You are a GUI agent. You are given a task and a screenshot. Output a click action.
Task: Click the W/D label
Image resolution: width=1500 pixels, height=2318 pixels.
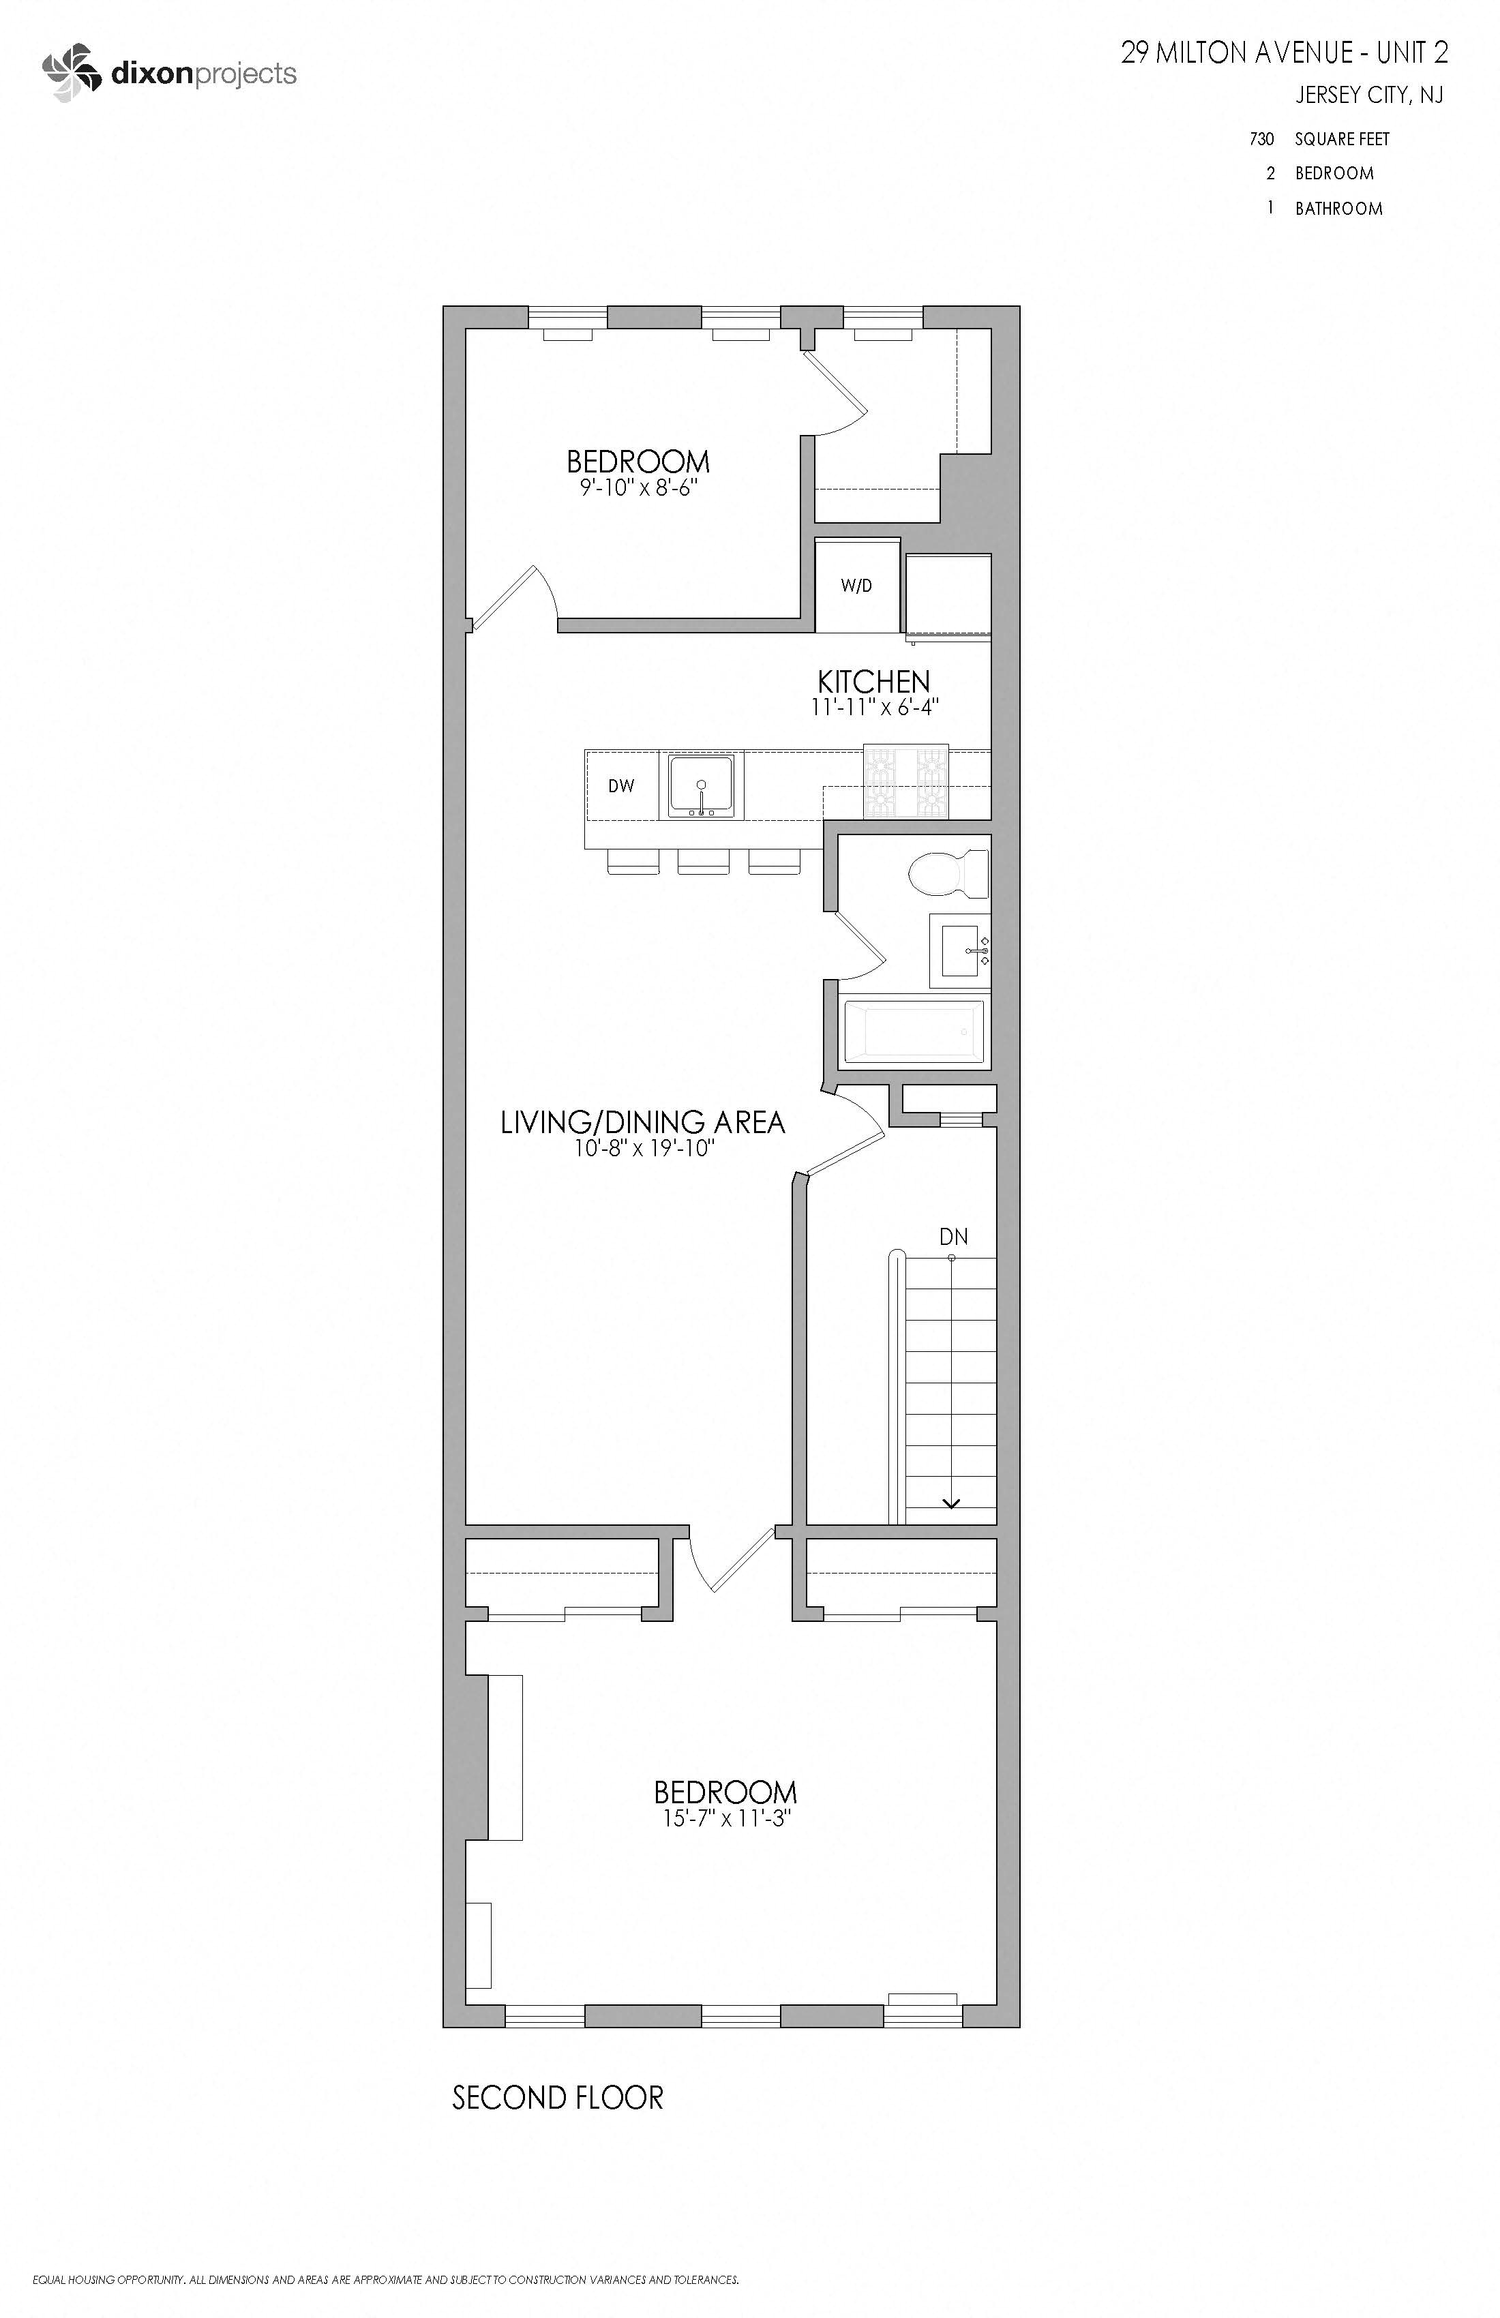tap(856, 586)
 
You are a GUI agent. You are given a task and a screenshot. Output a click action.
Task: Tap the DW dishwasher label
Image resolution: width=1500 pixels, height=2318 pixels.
tap(621, 786)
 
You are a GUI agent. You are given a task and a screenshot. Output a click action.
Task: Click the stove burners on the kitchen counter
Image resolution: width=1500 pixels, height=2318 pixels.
tap(906, 782)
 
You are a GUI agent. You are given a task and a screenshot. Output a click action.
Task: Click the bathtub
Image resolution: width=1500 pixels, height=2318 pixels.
tap(913, 1029)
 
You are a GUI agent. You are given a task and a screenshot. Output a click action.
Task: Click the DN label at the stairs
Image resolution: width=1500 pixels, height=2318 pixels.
tap(954, 1237)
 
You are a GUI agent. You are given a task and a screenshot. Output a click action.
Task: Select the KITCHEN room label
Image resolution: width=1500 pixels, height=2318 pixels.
tap(873, 681)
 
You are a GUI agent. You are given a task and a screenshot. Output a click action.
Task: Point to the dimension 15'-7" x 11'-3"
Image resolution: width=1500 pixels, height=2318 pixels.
tap(725, 1818)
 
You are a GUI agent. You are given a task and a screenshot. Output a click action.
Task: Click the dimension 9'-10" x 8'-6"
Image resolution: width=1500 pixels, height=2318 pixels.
tap(638, 487)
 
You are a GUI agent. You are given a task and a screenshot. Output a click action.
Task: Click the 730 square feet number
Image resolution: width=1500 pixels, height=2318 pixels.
tap(1261, 139)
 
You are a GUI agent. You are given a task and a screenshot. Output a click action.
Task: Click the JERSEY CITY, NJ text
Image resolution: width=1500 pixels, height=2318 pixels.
tap(1368, 95)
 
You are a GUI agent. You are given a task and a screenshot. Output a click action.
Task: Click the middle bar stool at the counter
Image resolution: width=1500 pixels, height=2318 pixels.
tap(702, 861)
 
